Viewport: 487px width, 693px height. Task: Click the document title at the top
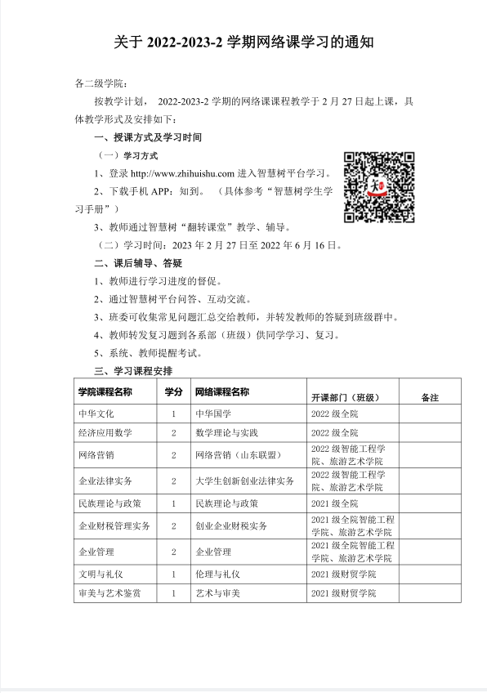click(x=243, y=41)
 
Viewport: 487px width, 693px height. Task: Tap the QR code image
click(x=378, y=186)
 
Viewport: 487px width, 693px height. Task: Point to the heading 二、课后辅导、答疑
click(x=138, y=262)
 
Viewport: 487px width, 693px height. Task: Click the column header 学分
click(x=173, y=392)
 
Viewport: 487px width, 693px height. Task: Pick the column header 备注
click(x=430, y=398)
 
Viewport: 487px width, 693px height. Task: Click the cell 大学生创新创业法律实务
click(x=244, y=481)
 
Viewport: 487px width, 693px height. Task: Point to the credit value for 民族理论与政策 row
click(x=173, y=503)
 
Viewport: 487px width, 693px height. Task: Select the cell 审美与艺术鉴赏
click(x=109, y=592)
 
